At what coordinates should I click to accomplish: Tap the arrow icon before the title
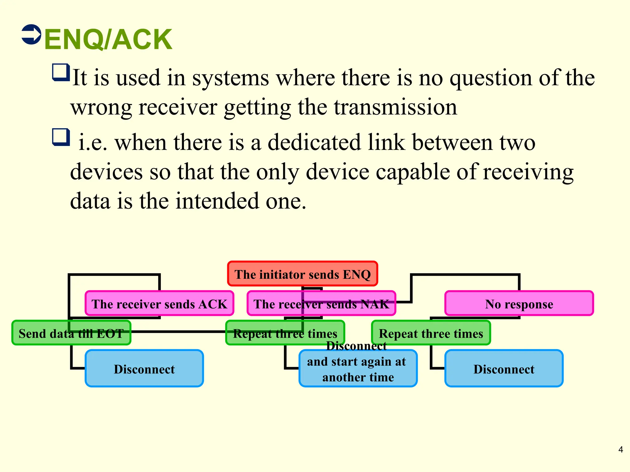31,34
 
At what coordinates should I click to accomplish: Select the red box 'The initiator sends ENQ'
302,274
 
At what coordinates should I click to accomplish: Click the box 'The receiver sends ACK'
159,304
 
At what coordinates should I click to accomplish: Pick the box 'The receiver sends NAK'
321,304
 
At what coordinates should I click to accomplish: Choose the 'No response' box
519,304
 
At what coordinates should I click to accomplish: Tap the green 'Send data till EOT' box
71,333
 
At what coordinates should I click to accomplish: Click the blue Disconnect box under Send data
144,368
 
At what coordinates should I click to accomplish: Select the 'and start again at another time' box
358,369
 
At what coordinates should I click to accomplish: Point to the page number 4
620,450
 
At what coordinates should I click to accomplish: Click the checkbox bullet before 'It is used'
61,73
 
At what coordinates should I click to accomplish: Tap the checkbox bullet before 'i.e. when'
61,137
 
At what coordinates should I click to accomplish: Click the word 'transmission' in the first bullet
395,108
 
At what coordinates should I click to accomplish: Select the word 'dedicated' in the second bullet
314,143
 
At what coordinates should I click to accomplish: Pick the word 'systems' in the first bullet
230,78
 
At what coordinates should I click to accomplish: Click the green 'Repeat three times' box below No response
431,333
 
